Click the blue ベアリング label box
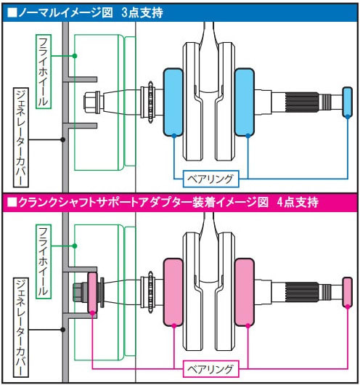tap(210, 179)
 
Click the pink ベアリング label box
tap(210, 369)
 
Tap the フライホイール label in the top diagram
tap(44, 71)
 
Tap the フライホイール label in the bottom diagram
tap(44, 262)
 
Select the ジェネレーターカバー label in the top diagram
tap(21, 137)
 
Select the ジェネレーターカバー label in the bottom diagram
tap(21, 328)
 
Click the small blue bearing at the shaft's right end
tap(347, 102)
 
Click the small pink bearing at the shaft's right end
tap(347, 292)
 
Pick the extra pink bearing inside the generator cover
tap(92, 293)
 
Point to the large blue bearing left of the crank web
tap(173, 102)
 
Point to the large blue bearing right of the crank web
tap(244, 102)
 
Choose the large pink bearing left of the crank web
tap(173, 292)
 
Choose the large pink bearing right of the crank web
tap(244, 292)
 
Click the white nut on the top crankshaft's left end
tap(91, 102)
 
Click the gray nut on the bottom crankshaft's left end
tap(80, 292)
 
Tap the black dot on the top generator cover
tap(63, 139)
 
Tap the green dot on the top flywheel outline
tap(75, 56)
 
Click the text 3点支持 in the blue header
tap(142, 12)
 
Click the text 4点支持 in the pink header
tap(298, 202)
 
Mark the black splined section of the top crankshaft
tap(302, 102)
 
